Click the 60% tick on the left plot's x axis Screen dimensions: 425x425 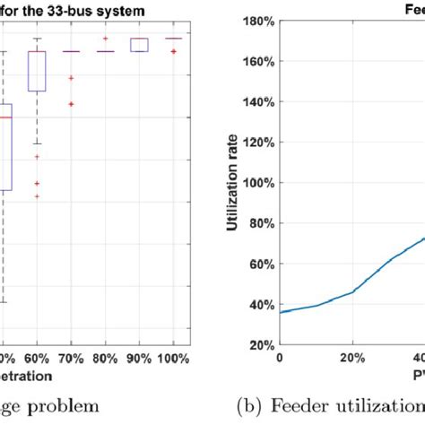pos(37,357)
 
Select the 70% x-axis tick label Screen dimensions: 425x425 pos(71,357)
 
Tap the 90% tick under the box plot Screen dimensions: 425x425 pos(139,357)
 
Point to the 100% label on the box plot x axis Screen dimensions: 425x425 pos(173,357)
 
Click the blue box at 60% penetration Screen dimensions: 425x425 pos(37,71)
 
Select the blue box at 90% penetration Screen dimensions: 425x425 pos(139,45)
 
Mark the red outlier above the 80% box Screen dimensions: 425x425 pos(105,39)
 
